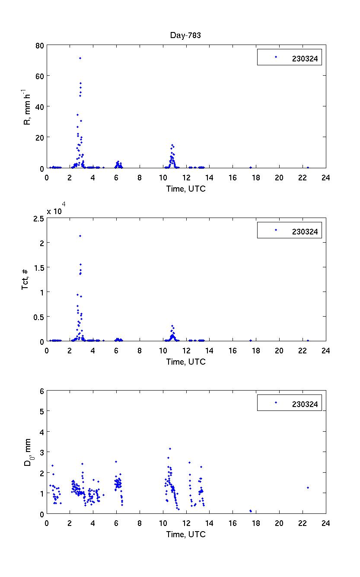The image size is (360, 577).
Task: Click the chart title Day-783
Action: pos(185,35)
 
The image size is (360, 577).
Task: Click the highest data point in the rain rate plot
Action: pos(80,58)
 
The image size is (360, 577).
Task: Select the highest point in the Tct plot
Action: pos(80,236)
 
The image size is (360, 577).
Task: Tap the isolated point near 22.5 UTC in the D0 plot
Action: pos(308,487)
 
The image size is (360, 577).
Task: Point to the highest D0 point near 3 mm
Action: pos(170,449)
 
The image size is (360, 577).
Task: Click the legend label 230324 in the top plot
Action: pos(305,60)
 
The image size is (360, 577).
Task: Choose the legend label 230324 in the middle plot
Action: pos(305,232)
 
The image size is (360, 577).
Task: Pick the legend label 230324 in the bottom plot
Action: pos(305,404)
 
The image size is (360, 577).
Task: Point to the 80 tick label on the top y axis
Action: pos(39,45)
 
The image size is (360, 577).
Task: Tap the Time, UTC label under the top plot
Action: pos(186,189)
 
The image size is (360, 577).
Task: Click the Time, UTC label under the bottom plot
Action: pos(186,534)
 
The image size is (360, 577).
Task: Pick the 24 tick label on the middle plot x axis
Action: pos(325,350)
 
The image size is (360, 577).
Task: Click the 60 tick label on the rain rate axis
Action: pos(39,76)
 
